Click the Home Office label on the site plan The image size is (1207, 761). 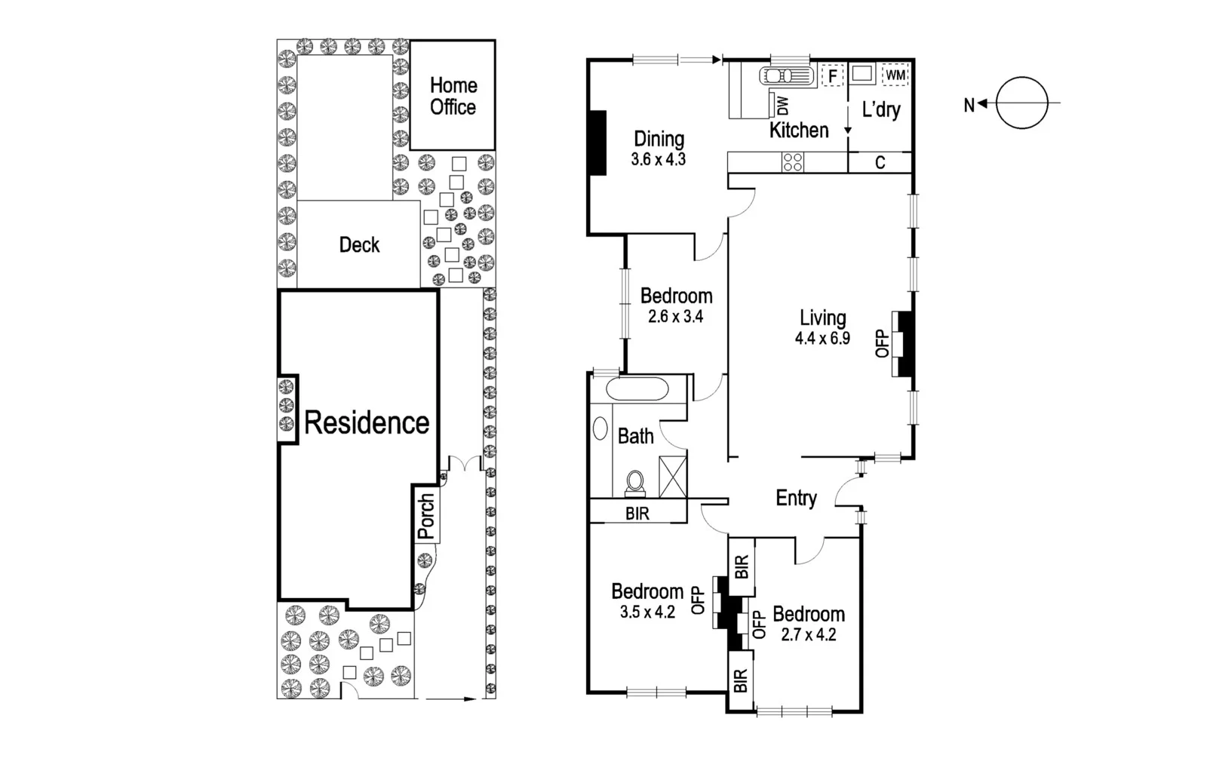click(x=453, y=97)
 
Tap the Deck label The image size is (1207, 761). click(x=359, y=245)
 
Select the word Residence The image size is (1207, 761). click(x=367, y=423)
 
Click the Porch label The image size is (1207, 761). click(x=427, y=517)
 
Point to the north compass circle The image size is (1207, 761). click(x=1022, y=103)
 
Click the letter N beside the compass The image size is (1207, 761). click(x=969, y=106)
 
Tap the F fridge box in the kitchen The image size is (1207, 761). click(x=832, y=76)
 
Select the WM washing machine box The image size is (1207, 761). click(x=895, y=75)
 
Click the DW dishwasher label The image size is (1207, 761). click(x=782, y=105)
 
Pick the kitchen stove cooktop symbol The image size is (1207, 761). click(x=793, y=162)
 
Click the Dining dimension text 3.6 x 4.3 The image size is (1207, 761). click(x=658, y=160)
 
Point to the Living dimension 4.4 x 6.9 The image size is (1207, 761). click(x=822, y=339)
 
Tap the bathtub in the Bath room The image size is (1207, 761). click(x=637, y=390)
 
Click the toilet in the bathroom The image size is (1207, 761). click(x=636, y=483)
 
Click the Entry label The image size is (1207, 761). click(x=796, y=498)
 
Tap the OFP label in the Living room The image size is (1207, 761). click(x=881, y=343)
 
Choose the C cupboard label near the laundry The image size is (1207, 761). click(x=880, y=163)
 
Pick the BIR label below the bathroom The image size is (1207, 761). click(x=637, y=514)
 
